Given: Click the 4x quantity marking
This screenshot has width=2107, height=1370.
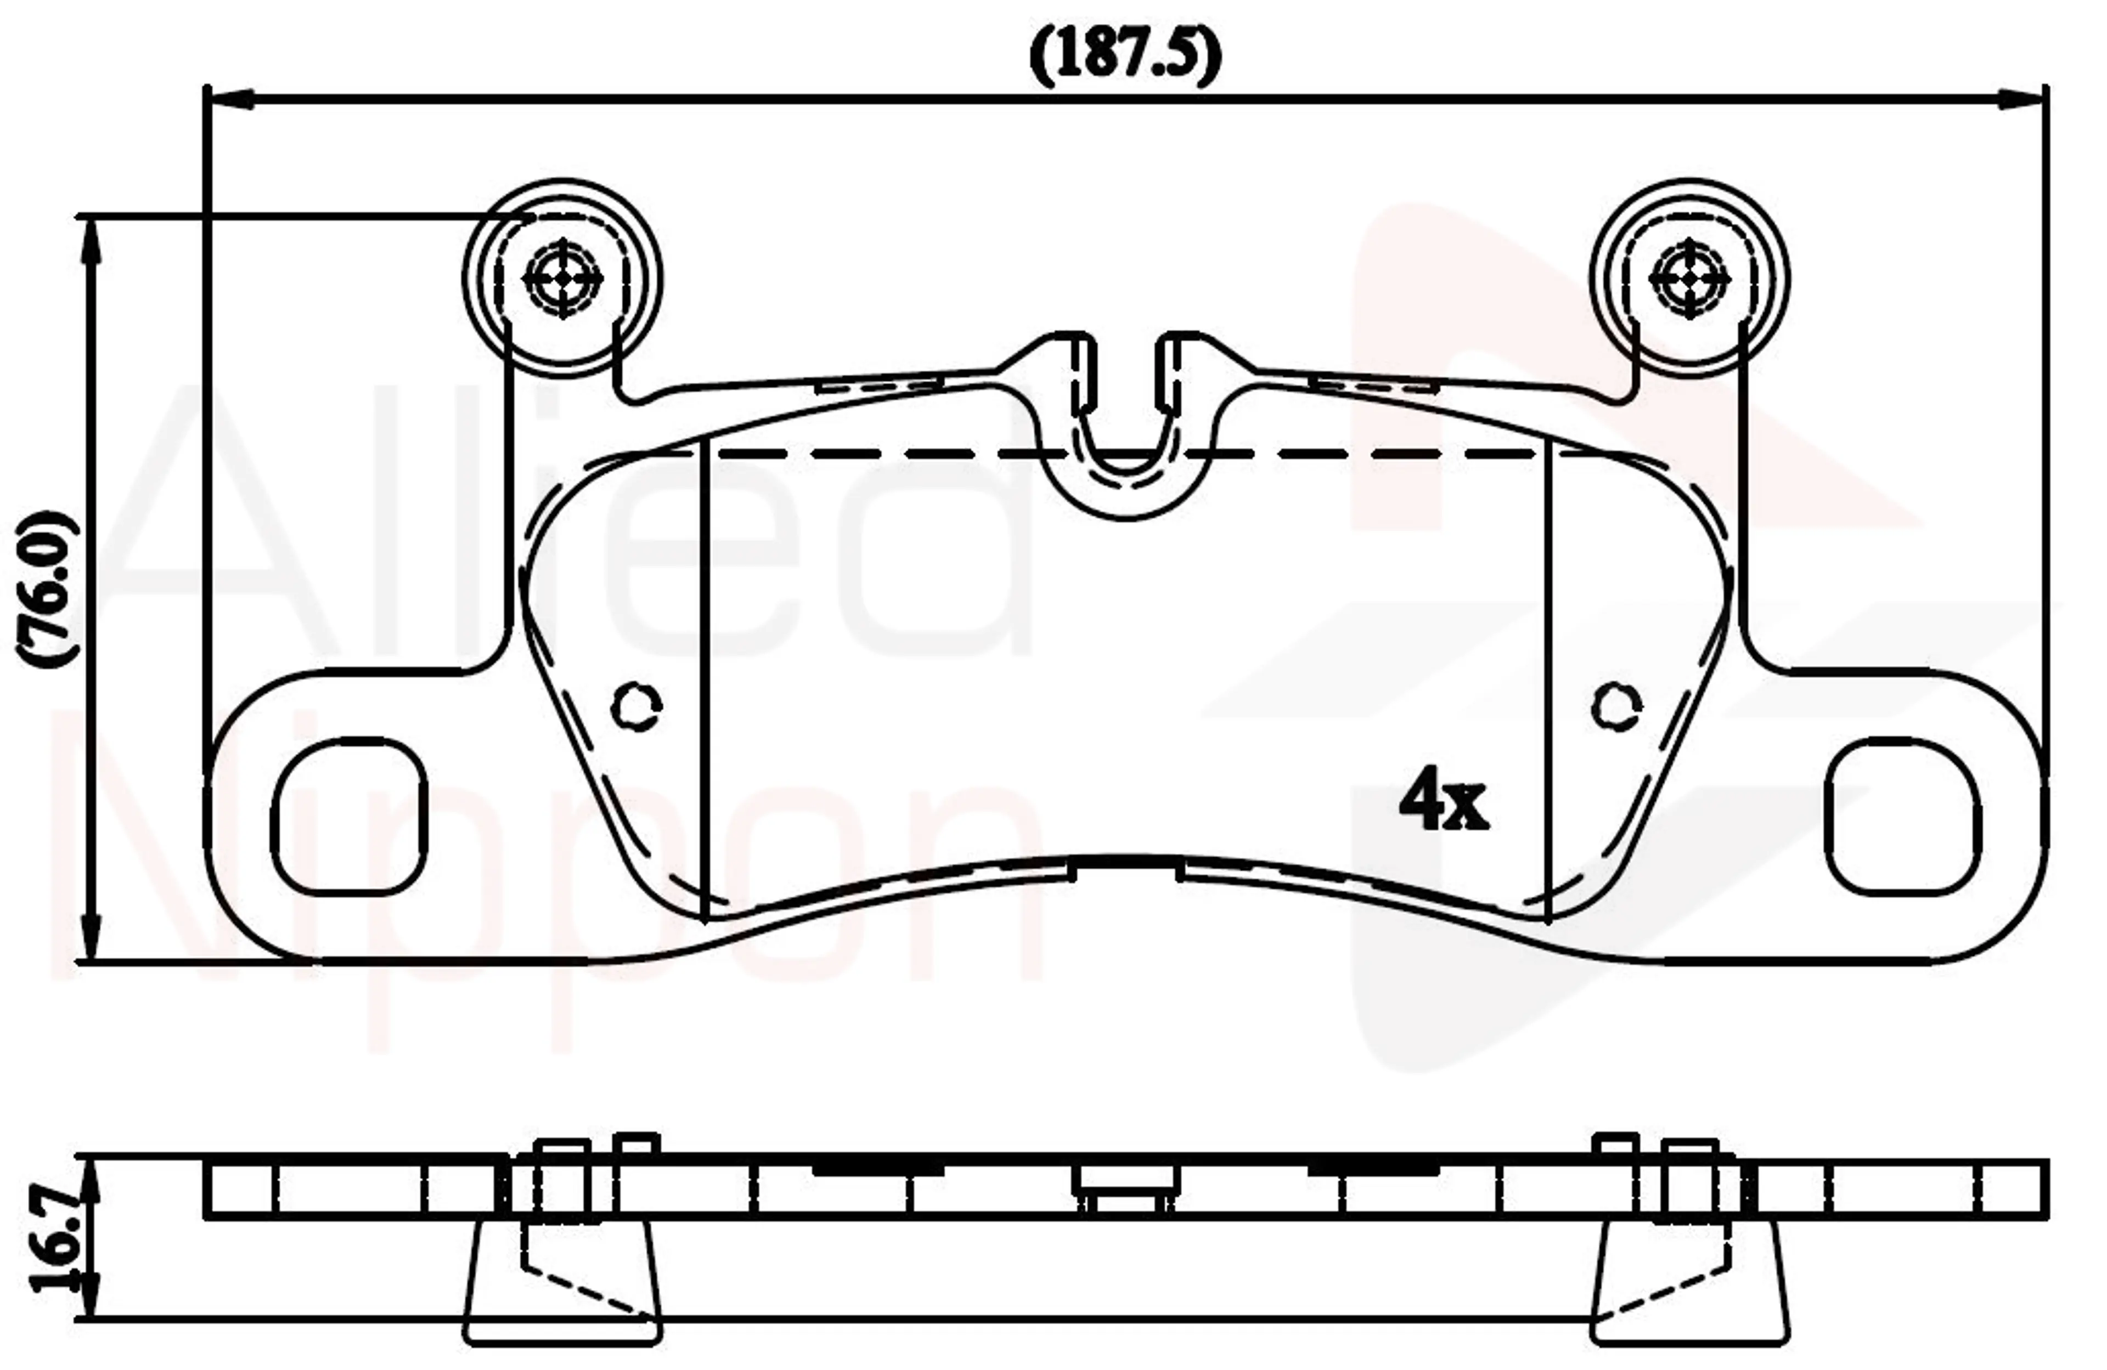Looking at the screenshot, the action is coord(1443,799).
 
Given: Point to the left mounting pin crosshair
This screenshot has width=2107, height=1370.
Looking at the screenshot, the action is coord(563,279).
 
